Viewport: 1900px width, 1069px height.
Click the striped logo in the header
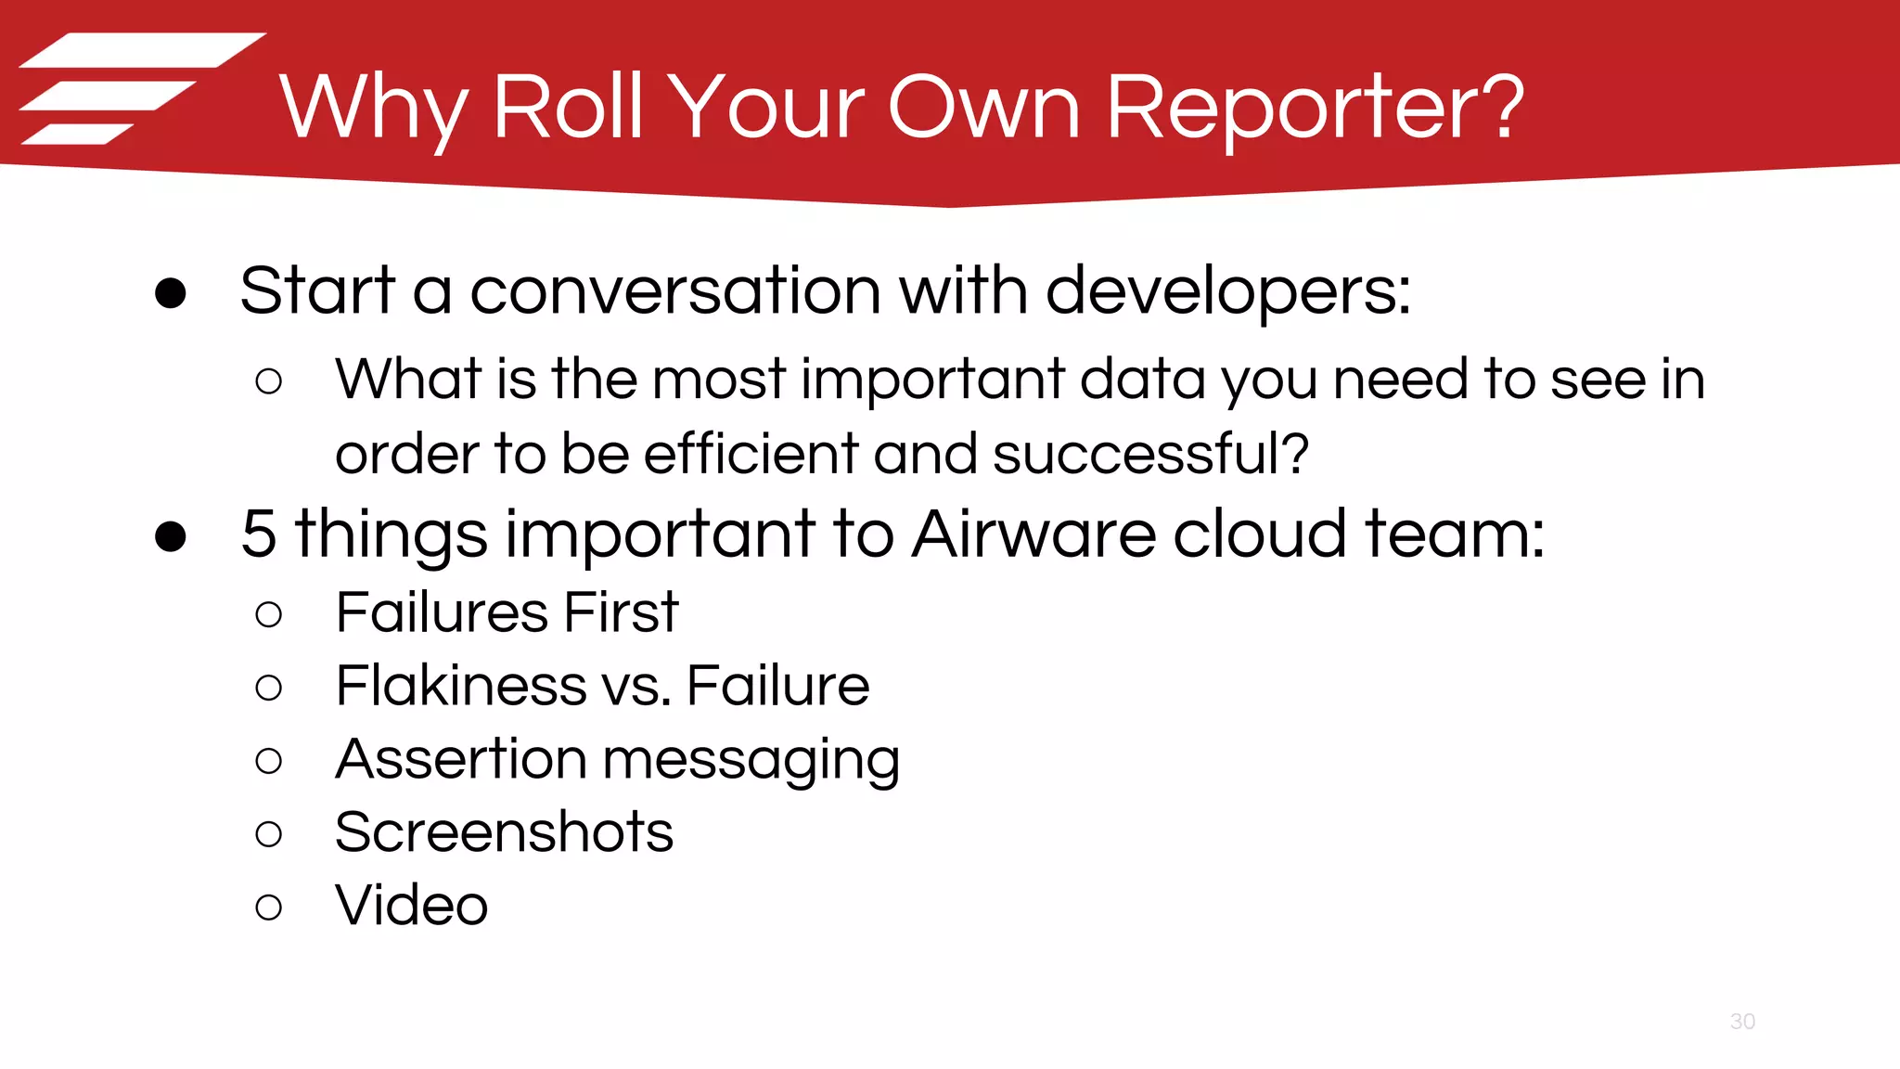click(x=139, y=88)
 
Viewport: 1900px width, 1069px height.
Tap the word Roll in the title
click(x=568, y=108)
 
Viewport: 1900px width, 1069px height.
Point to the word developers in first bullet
click(x=1226, y=291)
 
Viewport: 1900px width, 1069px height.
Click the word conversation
click(x=675, y=291)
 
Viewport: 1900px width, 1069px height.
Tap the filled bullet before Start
click(x=171, y=293)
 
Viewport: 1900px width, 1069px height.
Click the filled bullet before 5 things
click(x=171, y=536)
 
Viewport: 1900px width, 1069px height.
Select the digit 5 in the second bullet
click(x=259, y=534)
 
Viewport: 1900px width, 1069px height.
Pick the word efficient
click(x=751, y=455)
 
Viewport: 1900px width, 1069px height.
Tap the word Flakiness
click(x=460, y=686)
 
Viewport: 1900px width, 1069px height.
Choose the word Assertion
click(x=460, y=759)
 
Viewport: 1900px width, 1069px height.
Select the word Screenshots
click(x=504, y=832)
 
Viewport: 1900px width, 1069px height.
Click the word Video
click(x=411, y=906)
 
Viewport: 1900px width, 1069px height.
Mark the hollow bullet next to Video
click(x=268, y=907)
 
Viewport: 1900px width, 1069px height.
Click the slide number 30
click(x=1742, y=1022)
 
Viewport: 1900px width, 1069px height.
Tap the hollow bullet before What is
click(x=268, y=381)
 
